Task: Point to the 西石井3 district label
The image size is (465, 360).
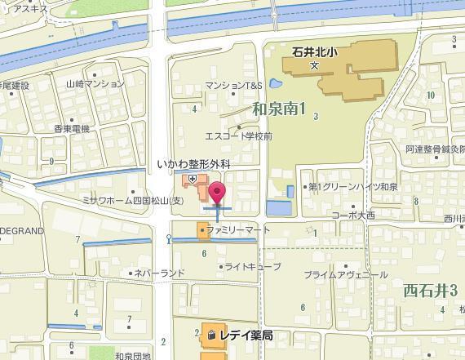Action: point(429,289)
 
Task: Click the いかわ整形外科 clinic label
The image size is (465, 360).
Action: point(194,164)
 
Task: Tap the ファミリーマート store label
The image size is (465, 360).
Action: point(237,231)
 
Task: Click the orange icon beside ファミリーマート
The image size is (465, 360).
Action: point(201,231)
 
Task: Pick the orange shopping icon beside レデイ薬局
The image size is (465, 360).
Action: point(210,335)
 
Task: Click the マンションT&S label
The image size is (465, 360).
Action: point(234,85)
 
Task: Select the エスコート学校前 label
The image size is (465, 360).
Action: point(238,136)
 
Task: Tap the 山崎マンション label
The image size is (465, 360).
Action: point(95,83)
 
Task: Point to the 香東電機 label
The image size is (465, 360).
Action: point(72,129)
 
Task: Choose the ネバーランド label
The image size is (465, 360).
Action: point(160,273)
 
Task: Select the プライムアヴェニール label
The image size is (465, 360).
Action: point(345,275)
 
